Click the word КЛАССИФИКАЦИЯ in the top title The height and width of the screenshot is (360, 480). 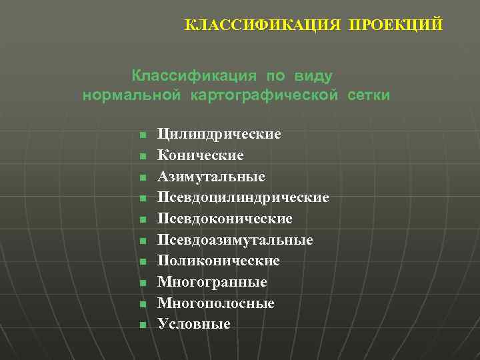tap(263, 25)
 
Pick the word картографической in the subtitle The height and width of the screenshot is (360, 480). tap(263, 96)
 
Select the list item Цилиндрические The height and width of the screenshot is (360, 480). tap(219, 135)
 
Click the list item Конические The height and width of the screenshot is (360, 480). tap(200, 156)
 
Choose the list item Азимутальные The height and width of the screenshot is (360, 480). tap(211, 177)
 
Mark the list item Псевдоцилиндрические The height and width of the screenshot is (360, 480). tap(243, 198)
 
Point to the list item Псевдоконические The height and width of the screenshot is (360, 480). tap(225, 219)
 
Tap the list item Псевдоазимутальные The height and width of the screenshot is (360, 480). tap(235, 240)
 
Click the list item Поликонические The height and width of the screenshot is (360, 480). tap(218, 261)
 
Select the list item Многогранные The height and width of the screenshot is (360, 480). tap(212, 283)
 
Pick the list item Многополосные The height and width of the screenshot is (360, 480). tap(215, 303)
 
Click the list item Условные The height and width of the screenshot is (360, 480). tap(193, 325)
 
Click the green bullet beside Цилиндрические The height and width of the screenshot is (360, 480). tap(143, 135)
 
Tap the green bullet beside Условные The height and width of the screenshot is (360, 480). tap(143, 325)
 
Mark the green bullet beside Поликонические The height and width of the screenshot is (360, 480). tap(143, 262)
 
